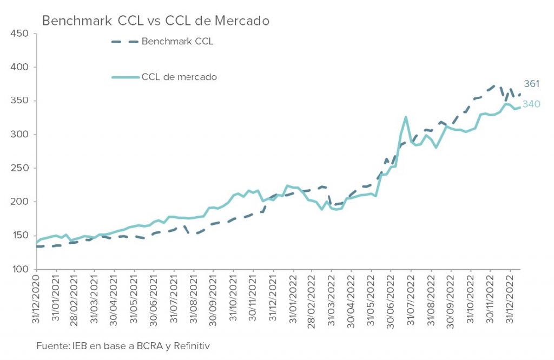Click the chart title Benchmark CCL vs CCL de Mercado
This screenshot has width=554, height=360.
coord(156,21)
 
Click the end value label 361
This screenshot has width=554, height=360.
coord(532,84)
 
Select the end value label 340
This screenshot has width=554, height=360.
coord(531,104)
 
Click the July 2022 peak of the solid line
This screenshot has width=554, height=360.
coord(405,117)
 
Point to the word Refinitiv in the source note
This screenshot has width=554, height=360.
coord(192,345)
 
